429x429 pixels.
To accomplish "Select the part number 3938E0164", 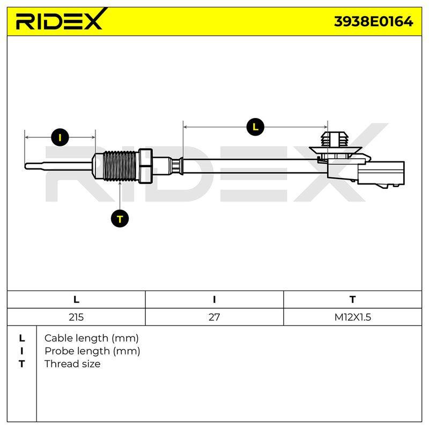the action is click(373, 21).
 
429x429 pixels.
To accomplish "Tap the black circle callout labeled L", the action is click(255, 127).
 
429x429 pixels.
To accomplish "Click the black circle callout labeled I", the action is click(60, 137).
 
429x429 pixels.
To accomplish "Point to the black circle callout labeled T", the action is click(120, 219).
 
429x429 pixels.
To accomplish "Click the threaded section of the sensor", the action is click(120, 166).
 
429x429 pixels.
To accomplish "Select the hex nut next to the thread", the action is click(145, 166).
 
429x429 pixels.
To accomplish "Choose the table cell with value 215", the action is click(76, 317).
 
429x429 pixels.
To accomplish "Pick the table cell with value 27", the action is click(214, 317).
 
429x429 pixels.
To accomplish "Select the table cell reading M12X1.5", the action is click(353, 317).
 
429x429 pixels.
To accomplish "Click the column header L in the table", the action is click(76, 300).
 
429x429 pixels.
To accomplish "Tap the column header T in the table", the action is click(353, 300).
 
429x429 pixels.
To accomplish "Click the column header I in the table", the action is click(214, 300).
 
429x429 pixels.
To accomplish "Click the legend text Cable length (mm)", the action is click(91, 338).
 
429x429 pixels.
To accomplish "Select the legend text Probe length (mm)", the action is click(92, 351).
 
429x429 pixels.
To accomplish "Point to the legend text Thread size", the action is click(72, 364).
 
